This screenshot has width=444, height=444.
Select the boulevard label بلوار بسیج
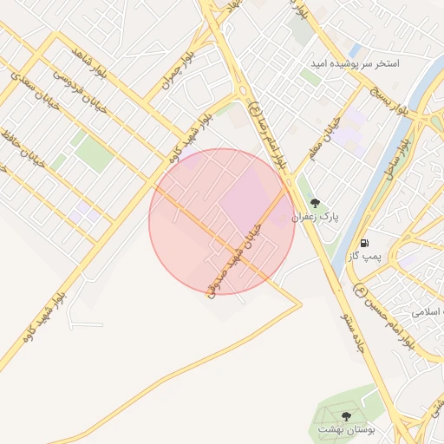pos(389,101)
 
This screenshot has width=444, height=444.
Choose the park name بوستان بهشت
pos(343,429)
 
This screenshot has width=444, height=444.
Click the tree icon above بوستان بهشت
pos(348,417)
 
